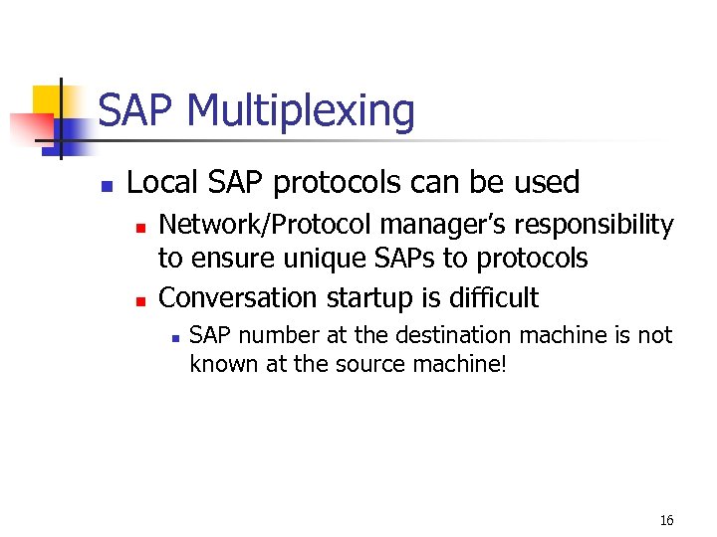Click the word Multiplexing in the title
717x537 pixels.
point(300,111)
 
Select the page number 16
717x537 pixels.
point(666,520)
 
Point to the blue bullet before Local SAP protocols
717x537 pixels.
point(107,185)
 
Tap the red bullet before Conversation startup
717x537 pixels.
point(139,299)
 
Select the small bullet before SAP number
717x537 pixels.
point(174,338)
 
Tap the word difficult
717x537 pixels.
point(490,297)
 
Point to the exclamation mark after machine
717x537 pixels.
point(504,364)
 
